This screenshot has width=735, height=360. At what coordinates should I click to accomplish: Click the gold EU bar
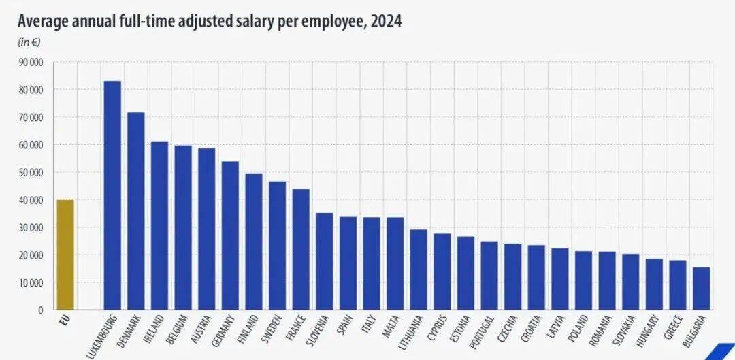tap(65, 255)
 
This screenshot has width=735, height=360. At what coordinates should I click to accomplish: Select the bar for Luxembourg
tap(112, 195)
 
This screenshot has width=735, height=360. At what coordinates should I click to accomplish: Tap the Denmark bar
tap(136, 211)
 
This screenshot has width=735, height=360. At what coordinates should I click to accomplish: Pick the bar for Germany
tap(230, 235)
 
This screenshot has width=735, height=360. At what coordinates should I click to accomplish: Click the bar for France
tap(301, 249)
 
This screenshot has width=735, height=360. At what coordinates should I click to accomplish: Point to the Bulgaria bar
tap(701, 289)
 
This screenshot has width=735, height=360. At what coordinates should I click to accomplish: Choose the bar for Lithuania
tap(419, 269)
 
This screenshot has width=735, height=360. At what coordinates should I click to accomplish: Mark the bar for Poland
tap(584, 281)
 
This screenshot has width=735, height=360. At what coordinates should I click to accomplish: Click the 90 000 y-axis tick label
tap(31, 63)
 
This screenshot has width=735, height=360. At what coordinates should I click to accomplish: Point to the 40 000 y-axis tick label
tap(31, 200)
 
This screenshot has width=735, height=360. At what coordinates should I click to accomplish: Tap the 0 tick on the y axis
tap(41, 310)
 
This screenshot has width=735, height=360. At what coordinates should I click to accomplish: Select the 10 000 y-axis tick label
tap(31, 282)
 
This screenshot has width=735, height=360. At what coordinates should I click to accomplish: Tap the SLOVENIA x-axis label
tap(316, 332)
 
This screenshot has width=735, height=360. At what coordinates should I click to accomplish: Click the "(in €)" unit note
tap(29, 42)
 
